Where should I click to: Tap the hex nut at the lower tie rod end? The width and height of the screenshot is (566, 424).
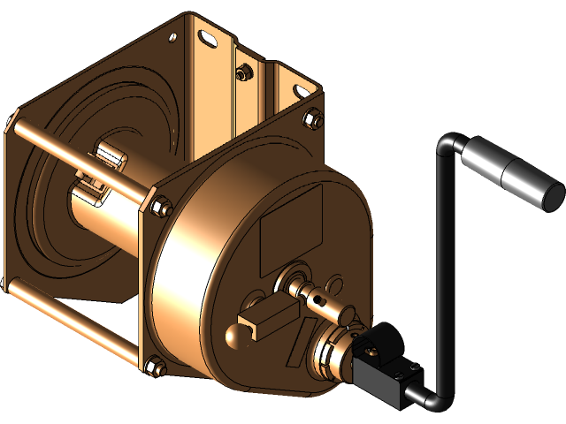(152, 363)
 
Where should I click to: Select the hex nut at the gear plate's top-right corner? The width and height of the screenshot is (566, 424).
(312, 118)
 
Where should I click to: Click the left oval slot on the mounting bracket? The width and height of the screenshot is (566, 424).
(206, 37)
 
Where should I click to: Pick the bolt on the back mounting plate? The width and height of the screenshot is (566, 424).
(238, 75)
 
